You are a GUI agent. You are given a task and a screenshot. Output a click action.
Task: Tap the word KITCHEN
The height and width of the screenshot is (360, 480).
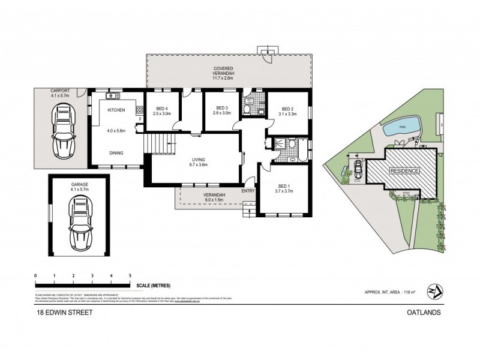(116, 110)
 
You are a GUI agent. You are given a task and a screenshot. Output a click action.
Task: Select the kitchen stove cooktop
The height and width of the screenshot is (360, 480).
(140, 110)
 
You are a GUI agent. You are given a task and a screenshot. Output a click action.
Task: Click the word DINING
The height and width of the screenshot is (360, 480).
(116, 153)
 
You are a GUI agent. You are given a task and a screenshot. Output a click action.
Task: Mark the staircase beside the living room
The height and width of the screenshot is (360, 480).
(158, 143)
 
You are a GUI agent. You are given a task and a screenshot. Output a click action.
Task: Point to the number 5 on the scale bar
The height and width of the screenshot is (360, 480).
(130, 275)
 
